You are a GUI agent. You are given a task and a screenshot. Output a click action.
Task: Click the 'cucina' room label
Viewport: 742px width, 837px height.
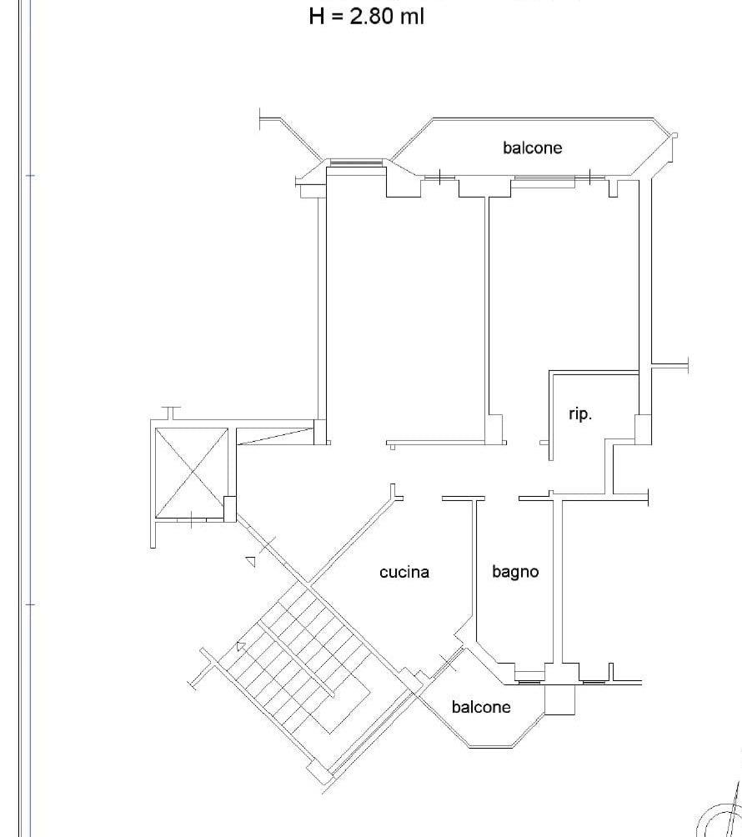(404, 572)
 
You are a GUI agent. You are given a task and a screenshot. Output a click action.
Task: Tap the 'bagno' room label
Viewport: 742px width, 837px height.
(515, 573)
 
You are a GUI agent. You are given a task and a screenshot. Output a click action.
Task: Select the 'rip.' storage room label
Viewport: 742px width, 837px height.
(579, 414)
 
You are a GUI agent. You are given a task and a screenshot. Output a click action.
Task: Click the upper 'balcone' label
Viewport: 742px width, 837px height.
(532, 148)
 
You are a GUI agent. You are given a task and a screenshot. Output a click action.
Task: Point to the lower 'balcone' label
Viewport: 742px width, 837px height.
(481, 707)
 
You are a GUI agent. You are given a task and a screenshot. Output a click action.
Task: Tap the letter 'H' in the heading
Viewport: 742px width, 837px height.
(317, 16)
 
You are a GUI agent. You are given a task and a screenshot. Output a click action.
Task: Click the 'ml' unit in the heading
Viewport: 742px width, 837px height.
(412, 16)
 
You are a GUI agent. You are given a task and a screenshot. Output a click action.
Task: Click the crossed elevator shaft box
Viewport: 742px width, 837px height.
(191, 473)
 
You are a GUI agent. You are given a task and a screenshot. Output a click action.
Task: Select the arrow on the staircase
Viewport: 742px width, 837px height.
(241, 646)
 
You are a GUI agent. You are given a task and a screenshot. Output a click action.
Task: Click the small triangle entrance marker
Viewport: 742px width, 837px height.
(250, 561)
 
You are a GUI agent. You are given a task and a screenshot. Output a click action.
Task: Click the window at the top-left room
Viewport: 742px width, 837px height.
(355, 163)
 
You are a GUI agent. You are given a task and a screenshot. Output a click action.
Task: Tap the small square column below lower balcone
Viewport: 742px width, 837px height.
(559, 699)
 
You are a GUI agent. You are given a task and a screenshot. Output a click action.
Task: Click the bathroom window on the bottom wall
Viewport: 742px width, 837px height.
(529, 682)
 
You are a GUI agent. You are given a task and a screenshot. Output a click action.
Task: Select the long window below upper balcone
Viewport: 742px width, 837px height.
(545, 178)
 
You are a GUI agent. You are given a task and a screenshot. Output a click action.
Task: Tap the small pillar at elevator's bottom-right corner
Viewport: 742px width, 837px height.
(229, 509)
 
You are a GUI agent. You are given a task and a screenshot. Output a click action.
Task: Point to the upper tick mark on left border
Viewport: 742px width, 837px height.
(30, 175)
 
